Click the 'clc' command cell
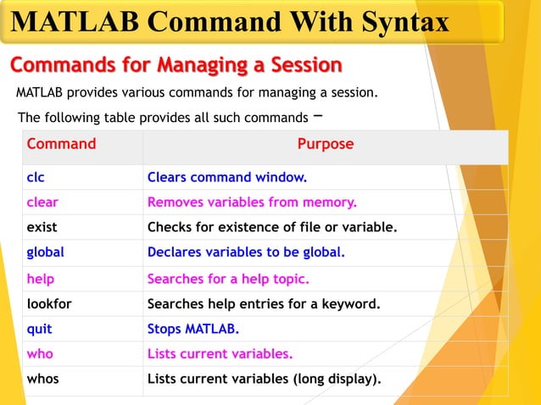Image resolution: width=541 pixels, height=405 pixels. [36, 178]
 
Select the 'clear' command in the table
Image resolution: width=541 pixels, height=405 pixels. [42, 202]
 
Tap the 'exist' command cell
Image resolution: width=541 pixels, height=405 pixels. [42, 228]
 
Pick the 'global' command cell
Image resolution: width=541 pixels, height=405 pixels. [45, 252]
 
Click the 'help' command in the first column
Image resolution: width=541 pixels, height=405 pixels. [40, 279]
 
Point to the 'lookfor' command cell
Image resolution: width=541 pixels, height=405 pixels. [49, 303]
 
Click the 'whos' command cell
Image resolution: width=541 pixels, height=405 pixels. [42, 379]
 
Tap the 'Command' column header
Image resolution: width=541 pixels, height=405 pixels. [61, 144]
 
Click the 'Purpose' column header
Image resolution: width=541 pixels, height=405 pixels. [325, 144]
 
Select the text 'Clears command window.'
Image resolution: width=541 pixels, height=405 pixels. [226, 178]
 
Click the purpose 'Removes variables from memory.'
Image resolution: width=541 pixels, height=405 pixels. [252, 202]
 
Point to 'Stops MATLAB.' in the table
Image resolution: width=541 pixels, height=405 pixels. [193, 329]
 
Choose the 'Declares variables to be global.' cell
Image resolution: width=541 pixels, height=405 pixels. [246, 252]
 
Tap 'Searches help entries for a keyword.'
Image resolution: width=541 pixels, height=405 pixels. [263, 303]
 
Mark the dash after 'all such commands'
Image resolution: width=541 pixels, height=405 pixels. [316, 115]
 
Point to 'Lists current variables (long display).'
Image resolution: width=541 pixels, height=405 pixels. [264, 379]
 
